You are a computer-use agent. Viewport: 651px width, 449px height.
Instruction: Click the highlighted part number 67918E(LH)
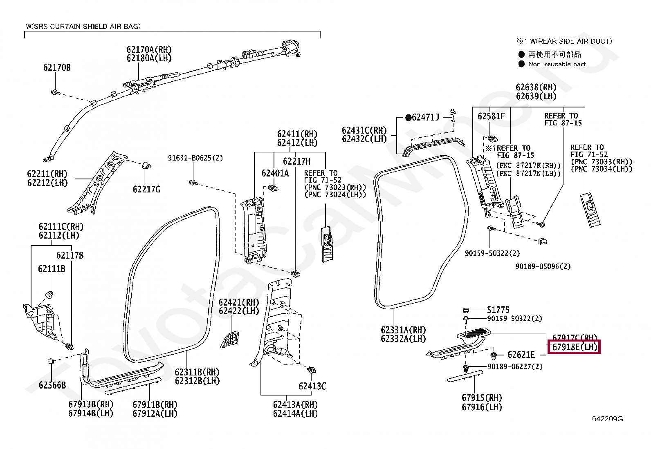coord(574,347)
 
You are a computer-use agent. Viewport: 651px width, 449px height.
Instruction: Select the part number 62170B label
coord(57,67)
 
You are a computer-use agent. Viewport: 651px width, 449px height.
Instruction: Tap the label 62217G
coord(146,189)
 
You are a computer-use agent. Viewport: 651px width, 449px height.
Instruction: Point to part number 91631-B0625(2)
coord(195,158)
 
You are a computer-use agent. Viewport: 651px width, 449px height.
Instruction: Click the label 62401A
coord(275,173)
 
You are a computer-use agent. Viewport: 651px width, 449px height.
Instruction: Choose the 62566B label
coord(52,385)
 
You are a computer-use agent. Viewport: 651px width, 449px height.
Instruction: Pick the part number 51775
coord(498,310)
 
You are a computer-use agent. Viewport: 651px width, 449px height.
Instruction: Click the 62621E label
coord(521,355)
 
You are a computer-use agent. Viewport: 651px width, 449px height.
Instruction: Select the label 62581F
coord(491,116)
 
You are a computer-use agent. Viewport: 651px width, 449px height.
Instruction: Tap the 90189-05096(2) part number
coord(543,266)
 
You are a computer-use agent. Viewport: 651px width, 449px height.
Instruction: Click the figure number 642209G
coord(608,419)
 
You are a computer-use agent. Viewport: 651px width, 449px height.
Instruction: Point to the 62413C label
coord(312,386)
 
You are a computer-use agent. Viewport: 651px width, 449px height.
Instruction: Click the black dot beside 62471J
coord(408,118)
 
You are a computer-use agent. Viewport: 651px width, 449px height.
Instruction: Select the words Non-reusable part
coord(557,64)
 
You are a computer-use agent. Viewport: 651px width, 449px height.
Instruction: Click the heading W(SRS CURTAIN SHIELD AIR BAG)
coord(83,27)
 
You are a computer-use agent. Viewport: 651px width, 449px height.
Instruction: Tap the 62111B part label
coord(52,269)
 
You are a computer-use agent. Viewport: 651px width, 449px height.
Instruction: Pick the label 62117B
coord(70,255)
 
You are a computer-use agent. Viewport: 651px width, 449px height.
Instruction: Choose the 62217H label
coord(297,161)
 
